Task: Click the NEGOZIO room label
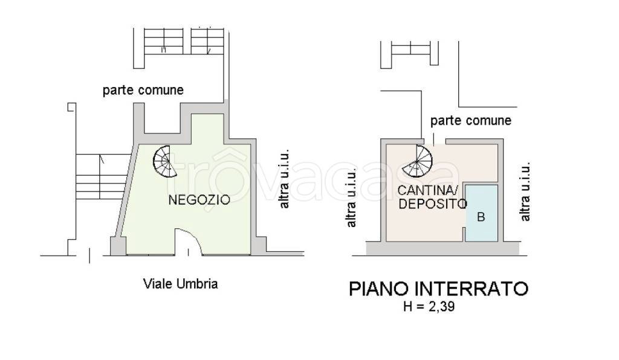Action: (199, 200)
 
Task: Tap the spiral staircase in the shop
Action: (165, 162)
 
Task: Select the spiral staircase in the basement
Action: (417, 161)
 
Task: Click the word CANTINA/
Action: (427, 191)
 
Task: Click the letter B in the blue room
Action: (481, 217)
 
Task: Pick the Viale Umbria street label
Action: (180, 284)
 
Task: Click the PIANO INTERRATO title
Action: (439, 289)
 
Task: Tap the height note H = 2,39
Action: (429, 306)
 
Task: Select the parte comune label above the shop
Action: (143, 90)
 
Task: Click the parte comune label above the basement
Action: (470, 121)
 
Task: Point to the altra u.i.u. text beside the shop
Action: (284, 179)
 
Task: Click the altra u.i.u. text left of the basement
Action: (351, 198)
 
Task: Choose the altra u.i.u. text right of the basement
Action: (525, 191)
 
